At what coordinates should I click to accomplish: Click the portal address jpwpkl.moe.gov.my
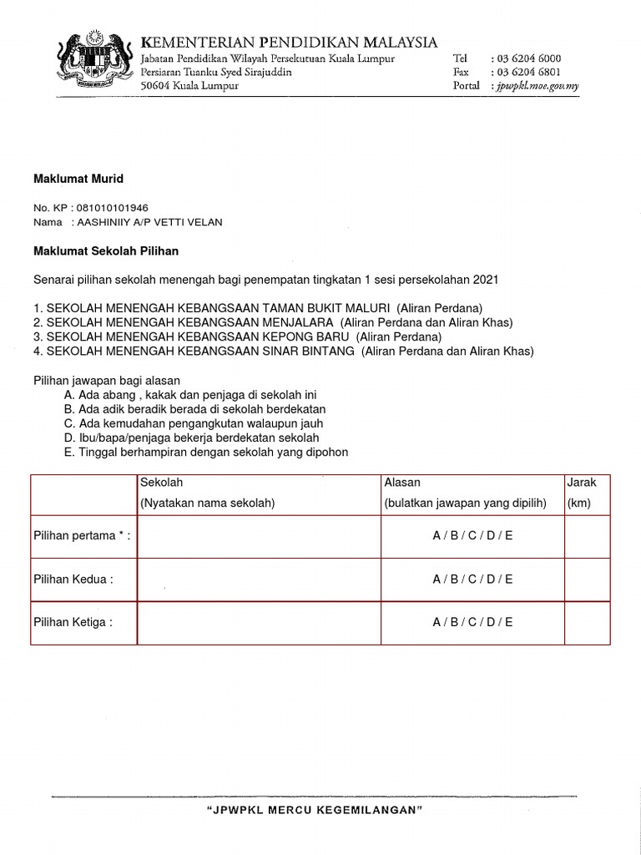point(538,86)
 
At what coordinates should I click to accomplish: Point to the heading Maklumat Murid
point(78,179)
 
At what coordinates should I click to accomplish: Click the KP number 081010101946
point(114,207)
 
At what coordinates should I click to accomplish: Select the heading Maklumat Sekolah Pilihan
point(106,250)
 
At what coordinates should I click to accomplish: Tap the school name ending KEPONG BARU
point(199,336)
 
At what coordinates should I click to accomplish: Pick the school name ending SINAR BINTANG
point(200,352)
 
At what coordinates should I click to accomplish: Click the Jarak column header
point(582,483)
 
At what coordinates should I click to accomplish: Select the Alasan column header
point(402,483)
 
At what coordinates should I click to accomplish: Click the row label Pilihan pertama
point(82,535)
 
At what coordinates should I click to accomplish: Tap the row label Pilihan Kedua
point(73,579)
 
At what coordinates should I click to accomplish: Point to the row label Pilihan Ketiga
point(73,622)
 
